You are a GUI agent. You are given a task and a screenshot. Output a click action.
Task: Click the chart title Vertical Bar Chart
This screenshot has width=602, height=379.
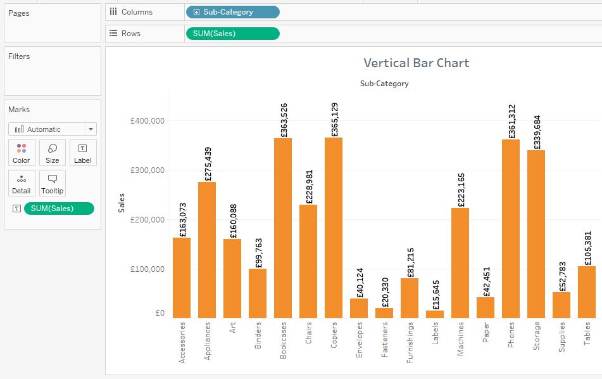point(416,63)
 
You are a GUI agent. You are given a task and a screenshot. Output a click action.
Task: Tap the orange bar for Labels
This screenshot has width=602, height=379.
point(435,314)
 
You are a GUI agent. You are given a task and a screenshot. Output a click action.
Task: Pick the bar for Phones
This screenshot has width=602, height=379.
point(511,228)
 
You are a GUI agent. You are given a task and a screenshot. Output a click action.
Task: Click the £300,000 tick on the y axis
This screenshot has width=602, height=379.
point(147,170)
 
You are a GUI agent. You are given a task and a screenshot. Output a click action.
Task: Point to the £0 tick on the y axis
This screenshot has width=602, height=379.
point(159,313)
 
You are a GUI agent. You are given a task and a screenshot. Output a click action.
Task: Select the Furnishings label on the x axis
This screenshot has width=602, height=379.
point(410,342)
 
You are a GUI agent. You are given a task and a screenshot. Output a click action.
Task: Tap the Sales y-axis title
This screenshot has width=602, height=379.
point(122,203)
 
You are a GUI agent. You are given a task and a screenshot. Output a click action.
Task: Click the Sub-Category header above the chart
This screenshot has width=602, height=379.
point(384,84)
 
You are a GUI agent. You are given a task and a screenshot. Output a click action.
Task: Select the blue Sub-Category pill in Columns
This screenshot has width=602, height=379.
point(232,12)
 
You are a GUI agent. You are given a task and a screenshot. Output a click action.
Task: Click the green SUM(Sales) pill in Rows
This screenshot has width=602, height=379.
point(232,34)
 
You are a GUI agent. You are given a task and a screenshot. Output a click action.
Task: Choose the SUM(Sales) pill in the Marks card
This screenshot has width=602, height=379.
point(59,209)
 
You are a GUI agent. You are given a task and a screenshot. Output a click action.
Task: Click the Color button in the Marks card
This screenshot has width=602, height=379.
point(22,153)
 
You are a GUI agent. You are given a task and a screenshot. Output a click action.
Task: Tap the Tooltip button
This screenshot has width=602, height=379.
point(53,183)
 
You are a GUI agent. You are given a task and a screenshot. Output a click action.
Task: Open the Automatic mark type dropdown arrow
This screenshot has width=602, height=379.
point(91,129)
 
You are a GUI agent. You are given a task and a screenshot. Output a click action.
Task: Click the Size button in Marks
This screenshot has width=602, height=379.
point(53,153)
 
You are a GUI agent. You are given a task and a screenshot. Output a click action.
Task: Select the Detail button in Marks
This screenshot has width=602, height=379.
point(22,183)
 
